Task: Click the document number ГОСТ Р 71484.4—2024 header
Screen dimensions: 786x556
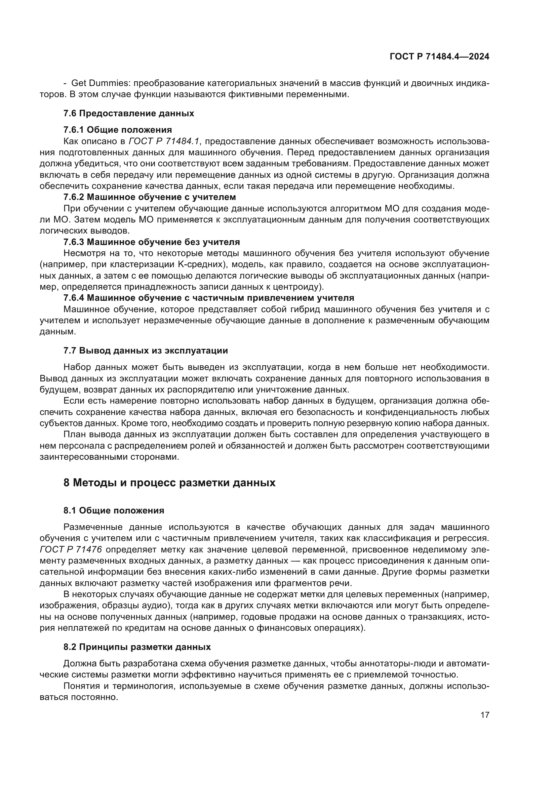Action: (439, 57)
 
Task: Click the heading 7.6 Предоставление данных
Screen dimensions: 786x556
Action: (129, 113)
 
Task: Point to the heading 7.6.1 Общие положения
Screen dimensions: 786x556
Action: (117, 130)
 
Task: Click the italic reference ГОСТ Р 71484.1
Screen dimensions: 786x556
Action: (164, 141)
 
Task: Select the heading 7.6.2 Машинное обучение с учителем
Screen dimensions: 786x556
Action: (150, 197)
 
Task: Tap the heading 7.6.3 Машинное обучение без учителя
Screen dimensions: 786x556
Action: (151, 242)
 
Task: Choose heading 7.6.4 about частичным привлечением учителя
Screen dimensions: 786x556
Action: (208, 297)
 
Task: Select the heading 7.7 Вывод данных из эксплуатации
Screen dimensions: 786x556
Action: (146, 350)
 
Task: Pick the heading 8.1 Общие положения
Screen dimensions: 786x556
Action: (114, 510)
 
